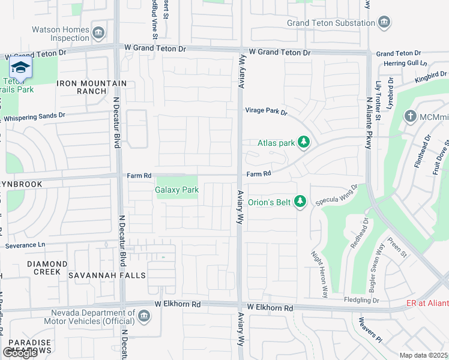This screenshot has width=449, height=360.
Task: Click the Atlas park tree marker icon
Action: tap(304, 142)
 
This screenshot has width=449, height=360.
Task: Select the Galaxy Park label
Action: tap(176, 190)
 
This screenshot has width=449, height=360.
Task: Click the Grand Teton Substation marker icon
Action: tap(385, 23)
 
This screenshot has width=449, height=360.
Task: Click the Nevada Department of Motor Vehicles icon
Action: tap(144, 316)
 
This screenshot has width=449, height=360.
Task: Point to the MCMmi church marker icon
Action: tap(410, 116)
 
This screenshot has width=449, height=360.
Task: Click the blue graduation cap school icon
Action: tap(20, 68)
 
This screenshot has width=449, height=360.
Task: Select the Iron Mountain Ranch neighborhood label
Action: tap(92, 87)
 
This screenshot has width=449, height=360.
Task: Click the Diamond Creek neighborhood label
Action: tap(47, 268)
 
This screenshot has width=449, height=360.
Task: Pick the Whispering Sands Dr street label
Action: tap(33, 116)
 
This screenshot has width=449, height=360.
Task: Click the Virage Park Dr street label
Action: tap(266, 111)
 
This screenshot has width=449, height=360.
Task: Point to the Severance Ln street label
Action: tap(25, 245)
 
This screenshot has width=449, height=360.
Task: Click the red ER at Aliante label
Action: tap(427, 304)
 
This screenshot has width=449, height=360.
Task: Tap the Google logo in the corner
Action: tap(20, 353)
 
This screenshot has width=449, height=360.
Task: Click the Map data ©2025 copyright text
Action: tap(424, 355)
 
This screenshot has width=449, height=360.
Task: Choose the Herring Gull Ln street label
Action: tap(406, 63)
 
